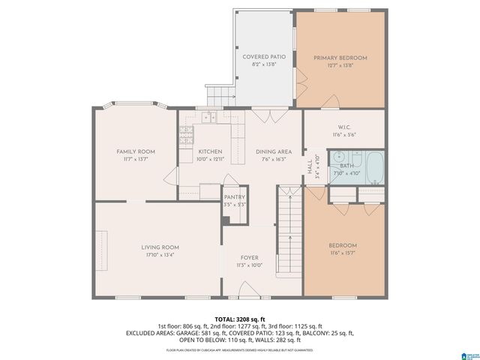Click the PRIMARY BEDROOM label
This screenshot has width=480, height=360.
(x=340, y=58)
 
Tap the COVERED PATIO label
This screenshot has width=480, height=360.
(x=263, y=57)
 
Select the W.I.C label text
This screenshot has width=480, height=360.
(x=344, y=127)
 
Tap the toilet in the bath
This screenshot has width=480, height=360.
(x=356, y=159)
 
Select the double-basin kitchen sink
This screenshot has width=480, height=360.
(x=208, y=117)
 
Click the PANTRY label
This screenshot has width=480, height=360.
(x=235, y=197)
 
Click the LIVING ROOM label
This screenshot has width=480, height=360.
(x=160, y=247)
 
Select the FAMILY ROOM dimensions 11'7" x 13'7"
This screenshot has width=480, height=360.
(x=135, y=159)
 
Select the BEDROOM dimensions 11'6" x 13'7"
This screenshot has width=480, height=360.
(x=344, y=253)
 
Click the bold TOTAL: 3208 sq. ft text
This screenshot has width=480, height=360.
(x=240, y=319)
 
